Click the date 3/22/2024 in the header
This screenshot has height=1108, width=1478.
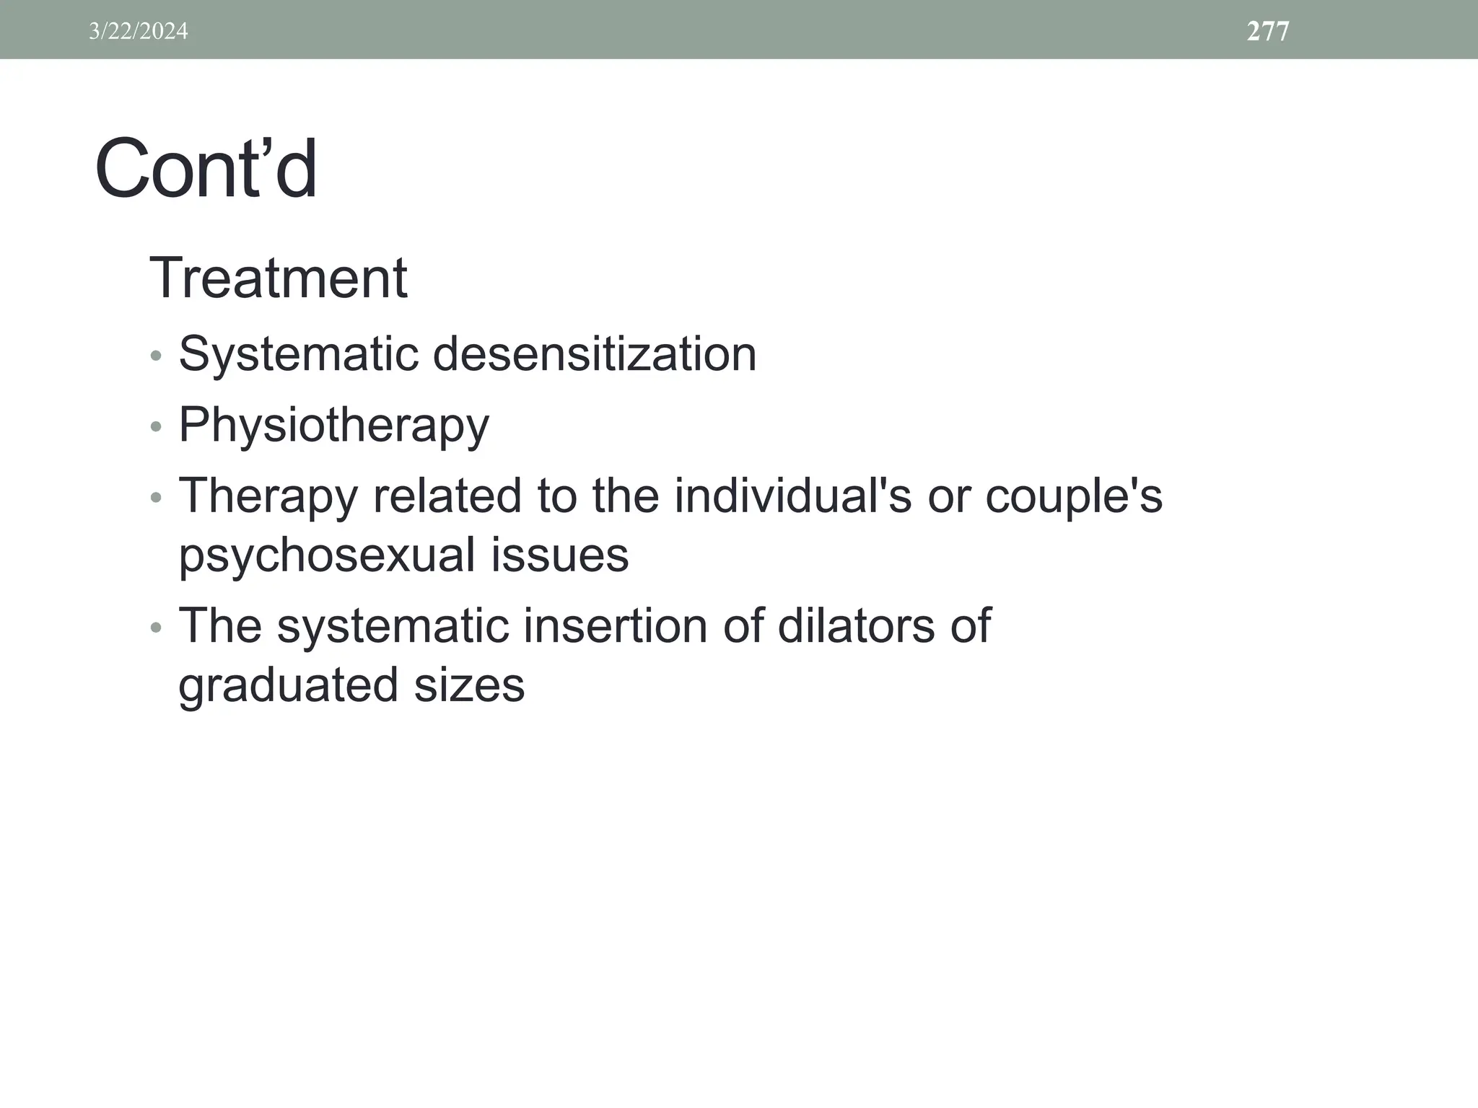coord(138,31)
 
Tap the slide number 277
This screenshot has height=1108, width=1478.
coord(1267,31)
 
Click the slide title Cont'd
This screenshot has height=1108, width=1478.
coord(206,170)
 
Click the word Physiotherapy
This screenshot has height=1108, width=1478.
coord(333,425)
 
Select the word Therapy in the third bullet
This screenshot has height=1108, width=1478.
coord(268,496)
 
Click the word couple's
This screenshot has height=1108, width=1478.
coord(1074,496)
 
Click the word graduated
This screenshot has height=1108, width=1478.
coord(288,685)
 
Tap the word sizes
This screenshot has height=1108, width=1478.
coord(469,685)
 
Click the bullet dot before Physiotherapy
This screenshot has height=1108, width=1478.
coord(156,427)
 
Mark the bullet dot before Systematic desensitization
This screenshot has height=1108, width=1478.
coord(156,356)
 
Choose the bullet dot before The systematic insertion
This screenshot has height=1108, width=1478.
coord(156,628)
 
